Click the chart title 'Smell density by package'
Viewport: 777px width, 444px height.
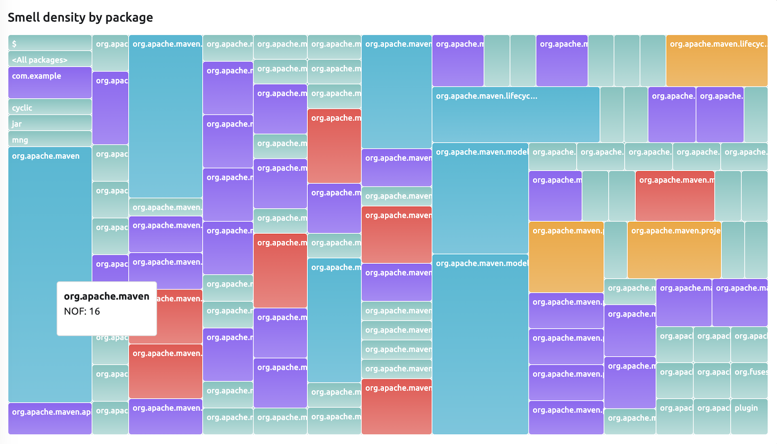pos(80,18)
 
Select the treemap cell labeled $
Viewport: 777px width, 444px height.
pos(50,43)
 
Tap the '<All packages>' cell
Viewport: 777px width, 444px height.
pos(50,59)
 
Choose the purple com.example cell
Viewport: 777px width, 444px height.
pos(50,82)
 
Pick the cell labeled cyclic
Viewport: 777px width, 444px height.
pos(50,107)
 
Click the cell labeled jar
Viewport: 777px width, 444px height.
pos(50,123)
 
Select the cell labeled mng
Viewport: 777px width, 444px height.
pos(50,139)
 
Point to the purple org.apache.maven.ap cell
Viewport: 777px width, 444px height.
pos(50,418)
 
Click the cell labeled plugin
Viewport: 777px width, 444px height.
pos(749,416)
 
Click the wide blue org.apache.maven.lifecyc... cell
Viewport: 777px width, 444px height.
pos(516,115)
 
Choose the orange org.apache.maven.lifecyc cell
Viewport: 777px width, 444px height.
pos(716,61)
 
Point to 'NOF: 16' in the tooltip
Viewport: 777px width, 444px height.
pos(82,311)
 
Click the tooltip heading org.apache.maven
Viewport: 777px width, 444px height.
pos(107,296)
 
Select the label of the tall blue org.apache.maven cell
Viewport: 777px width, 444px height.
pos(46,156)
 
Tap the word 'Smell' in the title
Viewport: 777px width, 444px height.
pos(24,18)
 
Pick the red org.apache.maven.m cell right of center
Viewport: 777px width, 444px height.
pos(674,196)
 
